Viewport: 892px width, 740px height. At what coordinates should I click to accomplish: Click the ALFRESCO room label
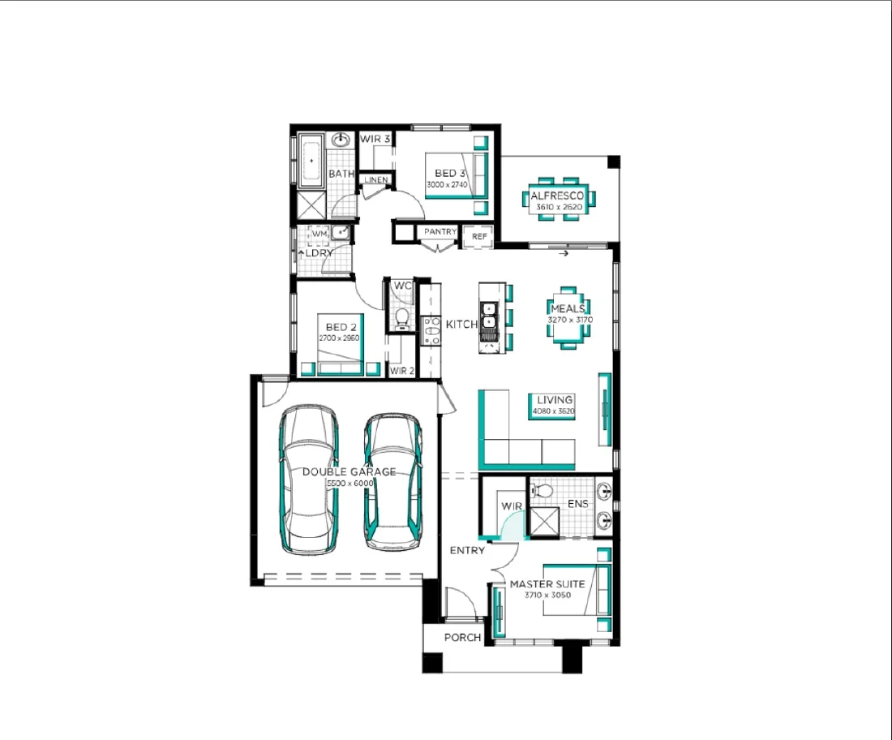click(x=556, y=196)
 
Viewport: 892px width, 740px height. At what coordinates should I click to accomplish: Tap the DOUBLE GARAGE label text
click(x=349, y=471)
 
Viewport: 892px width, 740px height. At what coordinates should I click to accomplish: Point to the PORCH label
click(x=462, y=638)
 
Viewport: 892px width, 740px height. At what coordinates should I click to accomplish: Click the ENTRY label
click(x=467, y=550)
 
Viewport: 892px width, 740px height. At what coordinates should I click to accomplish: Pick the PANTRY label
click(x=440, y=232)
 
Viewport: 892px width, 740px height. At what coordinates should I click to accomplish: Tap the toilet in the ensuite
click(x=542, y=489)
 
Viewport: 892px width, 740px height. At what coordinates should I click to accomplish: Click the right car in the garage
click(x=392, y=482)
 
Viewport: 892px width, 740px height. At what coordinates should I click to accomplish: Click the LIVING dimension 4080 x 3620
click(x=554, y=412)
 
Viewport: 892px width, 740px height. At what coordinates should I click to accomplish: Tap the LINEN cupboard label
click(x=375, y=180)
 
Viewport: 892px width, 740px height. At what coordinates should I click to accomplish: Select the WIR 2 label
click(x=401, y=371)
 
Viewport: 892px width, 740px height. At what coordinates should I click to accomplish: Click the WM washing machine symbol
click(x=319, y=234)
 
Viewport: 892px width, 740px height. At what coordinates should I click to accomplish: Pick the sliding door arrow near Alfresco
click(x=564, y=254)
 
